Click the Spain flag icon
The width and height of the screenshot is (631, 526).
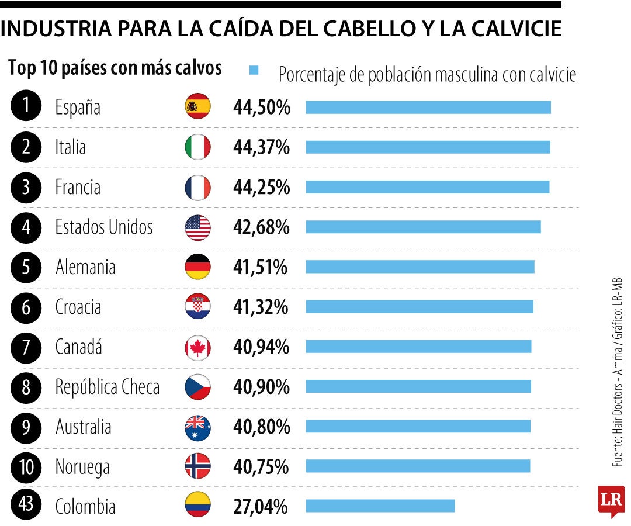(x=197, y=106)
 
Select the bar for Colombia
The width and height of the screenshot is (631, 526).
(x=380, y=506)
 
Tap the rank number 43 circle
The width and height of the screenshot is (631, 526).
(x=26, y=506)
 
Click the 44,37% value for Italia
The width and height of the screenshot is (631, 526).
(x=261, y=147)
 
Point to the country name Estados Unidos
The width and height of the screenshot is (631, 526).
(x=104, y=227)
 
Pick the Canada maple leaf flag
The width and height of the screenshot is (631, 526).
(x=197, y=348)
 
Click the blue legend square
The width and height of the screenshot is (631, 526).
(x=254, y=71)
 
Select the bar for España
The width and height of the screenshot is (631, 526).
(x=428, y=107)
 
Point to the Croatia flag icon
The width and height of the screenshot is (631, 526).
(x=197, y=307)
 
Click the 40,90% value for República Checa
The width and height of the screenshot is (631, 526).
(x=261, y=386)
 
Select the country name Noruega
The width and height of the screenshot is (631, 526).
(x=82, y=467)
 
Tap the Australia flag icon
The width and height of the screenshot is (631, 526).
(x=197, y=428)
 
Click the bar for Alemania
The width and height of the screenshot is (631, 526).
(x=420, y=267)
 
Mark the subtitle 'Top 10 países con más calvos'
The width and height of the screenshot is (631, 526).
(x=115, y=68)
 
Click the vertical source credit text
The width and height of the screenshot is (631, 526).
(x=618, y=372)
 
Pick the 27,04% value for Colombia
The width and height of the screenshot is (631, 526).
(x=260, y=506)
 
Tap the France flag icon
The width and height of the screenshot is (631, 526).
(x=197, y=187)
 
